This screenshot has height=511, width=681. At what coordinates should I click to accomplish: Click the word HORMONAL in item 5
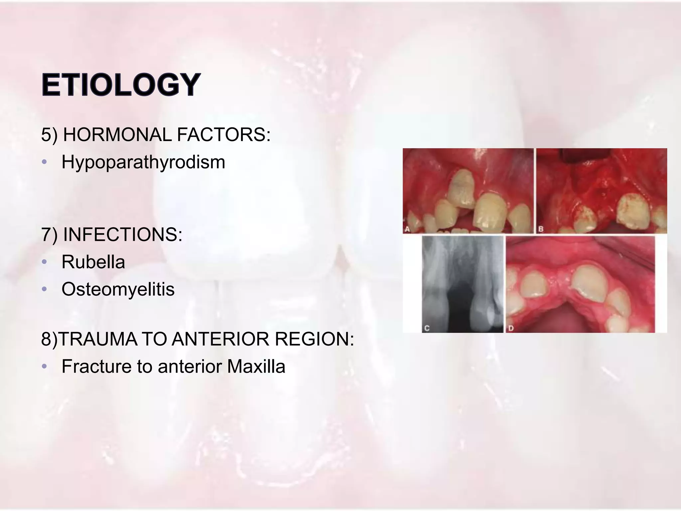click(117, 135)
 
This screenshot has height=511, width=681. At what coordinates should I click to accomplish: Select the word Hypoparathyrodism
click(143, 162)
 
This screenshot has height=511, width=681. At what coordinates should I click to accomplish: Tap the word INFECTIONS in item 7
click(122, 235)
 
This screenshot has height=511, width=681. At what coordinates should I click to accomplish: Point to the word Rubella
click(93, 262)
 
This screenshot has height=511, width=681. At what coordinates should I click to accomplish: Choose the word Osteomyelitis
click(118, 289)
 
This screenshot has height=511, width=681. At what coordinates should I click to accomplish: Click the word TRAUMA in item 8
click(98, 339)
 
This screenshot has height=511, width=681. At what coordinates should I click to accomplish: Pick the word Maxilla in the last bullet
click(256, 367)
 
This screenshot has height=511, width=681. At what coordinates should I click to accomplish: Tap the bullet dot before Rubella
click(45, 262)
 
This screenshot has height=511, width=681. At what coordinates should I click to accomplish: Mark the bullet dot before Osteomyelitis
click(45, 289)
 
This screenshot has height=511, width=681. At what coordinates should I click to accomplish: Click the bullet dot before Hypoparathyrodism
click(45, 162)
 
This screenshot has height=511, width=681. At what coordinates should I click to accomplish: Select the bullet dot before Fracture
click(45, 367)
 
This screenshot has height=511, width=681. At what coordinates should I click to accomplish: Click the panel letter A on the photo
click(407, 229)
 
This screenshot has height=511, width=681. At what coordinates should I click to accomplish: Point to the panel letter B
click(541, 229)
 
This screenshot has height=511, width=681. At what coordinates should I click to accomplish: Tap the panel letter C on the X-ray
click(427, 328)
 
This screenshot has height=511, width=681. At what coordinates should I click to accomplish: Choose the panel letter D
click(511, 328)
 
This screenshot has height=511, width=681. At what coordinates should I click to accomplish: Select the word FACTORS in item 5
click(223, 135)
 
